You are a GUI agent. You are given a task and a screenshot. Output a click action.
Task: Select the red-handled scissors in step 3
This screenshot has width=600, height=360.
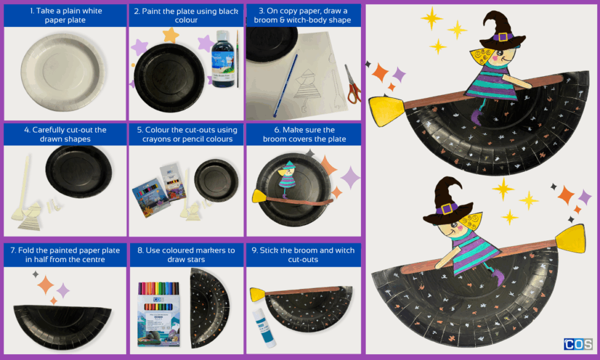click(353, 84)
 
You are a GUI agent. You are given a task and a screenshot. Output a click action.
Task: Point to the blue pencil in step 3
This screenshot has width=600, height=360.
click(285, 86)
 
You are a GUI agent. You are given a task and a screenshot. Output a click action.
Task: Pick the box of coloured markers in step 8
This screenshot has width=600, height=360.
click(159, 314)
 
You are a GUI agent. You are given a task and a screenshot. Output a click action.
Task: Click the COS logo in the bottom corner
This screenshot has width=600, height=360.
click(578, 344)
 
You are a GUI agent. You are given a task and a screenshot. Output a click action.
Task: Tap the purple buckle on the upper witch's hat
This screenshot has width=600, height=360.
click(503, 37)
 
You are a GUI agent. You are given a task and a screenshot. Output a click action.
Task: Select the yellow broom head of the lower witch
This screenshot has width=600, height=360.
click(570, 239)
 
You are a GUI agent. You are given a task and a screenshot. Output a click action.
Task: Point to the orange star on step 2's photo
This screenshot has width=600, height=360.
click(171, 35)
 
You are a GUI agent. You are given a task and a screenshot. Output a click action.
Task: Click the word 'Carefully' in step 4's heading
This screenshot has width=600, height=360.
click(50, 130)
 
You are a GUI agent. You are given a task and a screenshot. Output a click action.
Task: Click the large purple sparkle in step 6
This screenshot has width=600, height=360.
click(350, 178)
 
